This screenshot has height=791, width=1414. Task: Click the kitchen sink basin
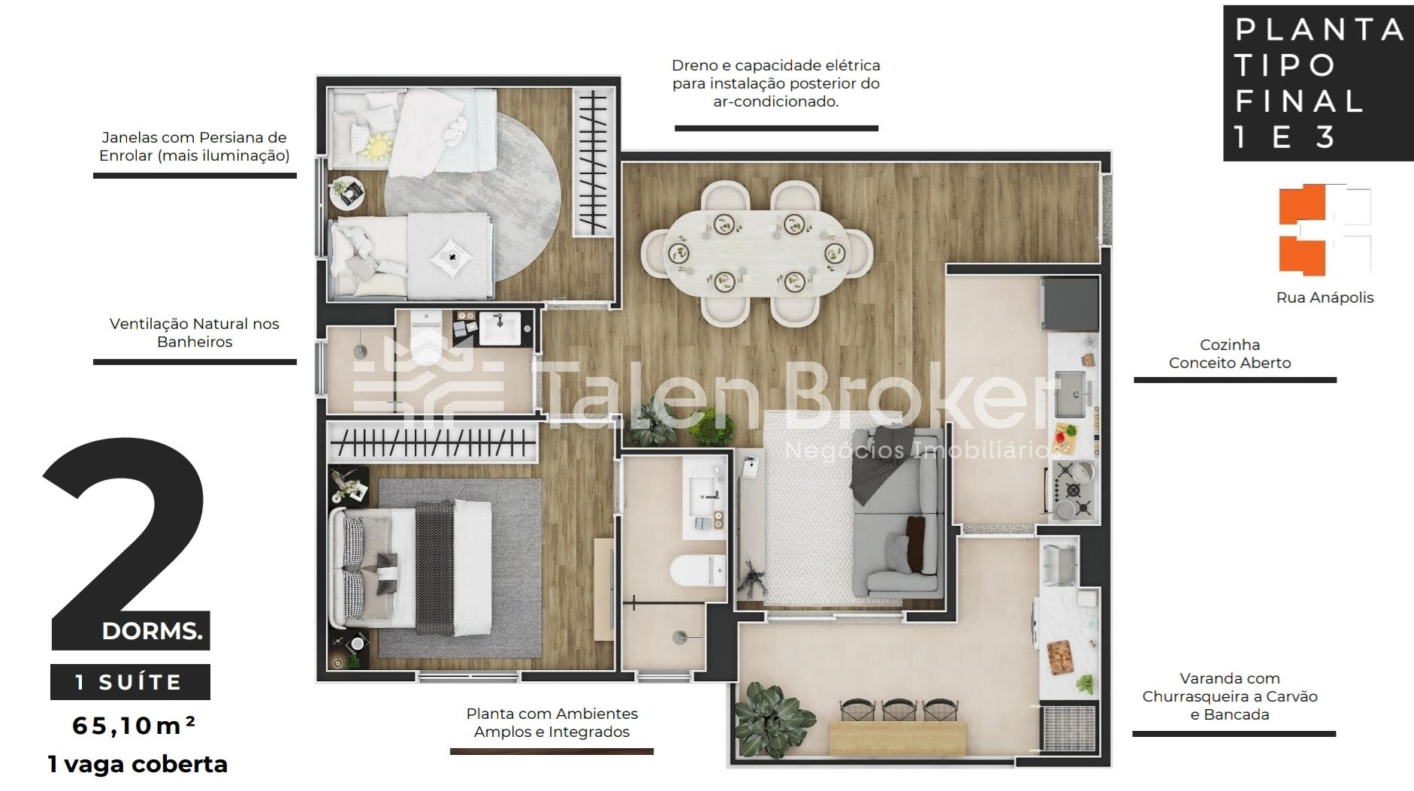pyautogui.click(x=1070, y=394)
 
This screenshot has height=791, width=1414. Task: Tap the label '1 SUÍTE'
pyautogui.click(x=129, y=682)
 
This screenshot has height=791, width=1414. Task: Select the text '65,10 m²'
pyautogui.click(x=134, y=725)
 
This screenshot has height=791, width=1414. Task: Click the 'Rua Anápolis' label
pyautogui.click(x=1325, y=297)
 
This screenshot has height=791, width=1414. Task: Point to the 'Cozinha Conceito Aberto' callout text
pyautogui.click(x=1230, y=354)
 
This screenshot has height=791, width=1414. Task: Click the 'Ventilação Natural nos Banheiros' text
pyautogui.click(x=195, y=333)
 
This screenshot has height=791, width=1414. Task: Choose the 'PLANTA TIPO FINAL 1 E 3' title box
pyautogui.click(x=1319, y=83)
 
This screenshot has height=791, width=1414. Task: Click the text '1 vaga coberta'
pyautogui.click(x=137, y=765)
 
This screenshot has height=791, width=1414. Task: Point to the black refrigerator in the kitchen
pyautogui.click(x=1069, y=304)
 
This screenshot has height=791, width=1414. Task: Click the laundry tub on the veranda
pyautogui.click(x=1060, y=562)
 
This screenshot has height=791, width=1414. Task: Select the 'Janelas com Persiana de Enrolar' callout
pyautogui.click(x=195, y=146)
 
